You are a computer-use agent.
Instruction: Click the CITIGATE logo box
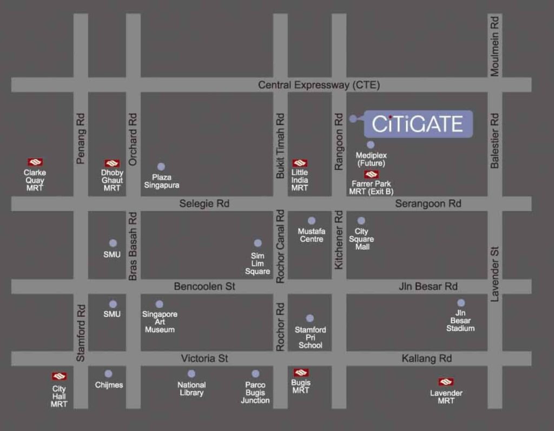[418, 124]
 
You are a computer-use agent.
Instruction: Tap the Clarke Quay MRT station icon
[35, 162]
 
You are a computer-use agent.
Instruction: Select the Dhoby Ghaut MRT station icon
[112, 163]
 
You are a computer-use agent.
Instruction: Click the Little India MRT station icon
[300, 163]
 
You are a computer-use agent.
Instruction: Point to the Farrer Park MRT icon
[371, 174]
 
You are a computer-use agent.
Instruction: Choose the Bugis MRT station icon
[301, 373]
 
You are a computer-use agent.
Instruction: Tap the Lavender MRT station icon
[446, 382]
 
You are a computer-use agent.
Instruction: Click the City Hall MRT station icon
[59, 376]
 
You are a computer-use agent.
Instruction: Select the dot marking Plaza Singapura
[161, 167]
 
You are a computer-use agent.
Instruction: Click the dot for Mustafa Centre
[312, 220]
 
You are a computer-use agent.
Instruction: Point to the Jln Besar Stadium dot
[461, 303]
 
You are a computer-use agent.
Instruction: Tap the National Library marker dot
[191, 374]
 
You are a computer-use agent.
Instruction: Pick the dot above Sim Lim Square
[258, 243]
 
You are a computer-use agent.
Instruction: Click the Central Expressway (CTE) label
[319, 85]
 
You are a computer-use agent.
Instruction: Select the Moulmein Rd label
[494, 45]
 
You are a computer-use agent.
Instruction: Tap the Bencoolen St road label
[205, 286]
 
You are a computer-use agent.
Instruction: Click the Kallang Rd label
[426, 358]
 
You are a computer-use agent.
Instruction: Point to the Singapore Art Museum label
[160, 322]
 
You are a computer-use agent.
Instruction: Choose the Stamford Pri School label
[311, 337]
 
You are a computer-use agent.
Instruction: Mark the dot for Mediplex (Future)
[371, 145]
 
